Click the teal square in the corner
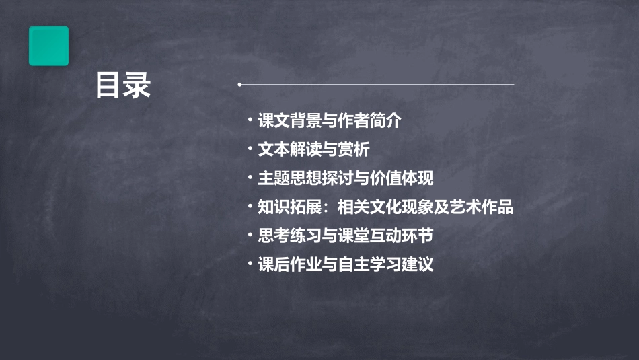(48, 46)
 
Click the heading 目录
(123, 85)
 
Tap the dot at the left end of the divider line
(239, 85)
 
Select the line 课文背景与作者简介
(330, 121)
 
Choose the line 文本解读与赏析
(313, 149)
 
